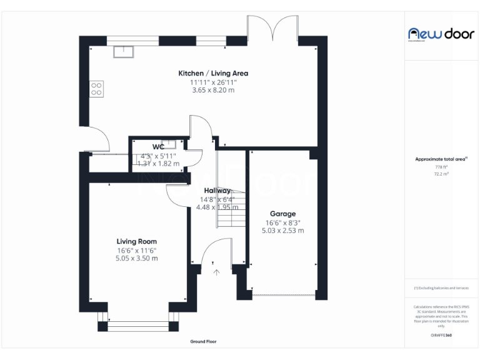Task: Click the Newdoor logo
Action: tap(441, 34)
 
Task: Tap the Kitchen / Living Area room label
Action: tap(213, 73)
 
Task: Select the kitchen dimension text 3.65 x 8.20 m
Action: tap(213, 90)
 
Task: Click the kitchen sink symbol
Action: tap(124, 51)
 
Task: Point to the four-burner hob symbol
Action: tap(97, 89)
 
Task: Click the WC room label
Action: tap(158, 147)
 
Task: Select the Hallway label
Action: tap(217, 191)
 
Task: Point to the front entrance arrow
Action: tap(217, 272)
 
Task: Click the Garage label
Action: tap(282, 214)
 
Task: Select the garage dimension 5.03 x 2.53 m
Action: tap(282, 231)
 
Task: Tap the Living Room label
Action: tap(136, 241)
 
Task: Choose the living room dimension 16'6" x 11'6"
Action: tap(136, 250)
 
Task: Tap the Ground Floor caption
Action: tap(203, 342)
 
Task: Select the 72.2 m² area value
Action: tap(441, 174)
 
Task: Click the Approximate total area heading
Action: tap(441, 159)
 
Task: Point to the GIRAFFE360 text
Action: tap(441, 336)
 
